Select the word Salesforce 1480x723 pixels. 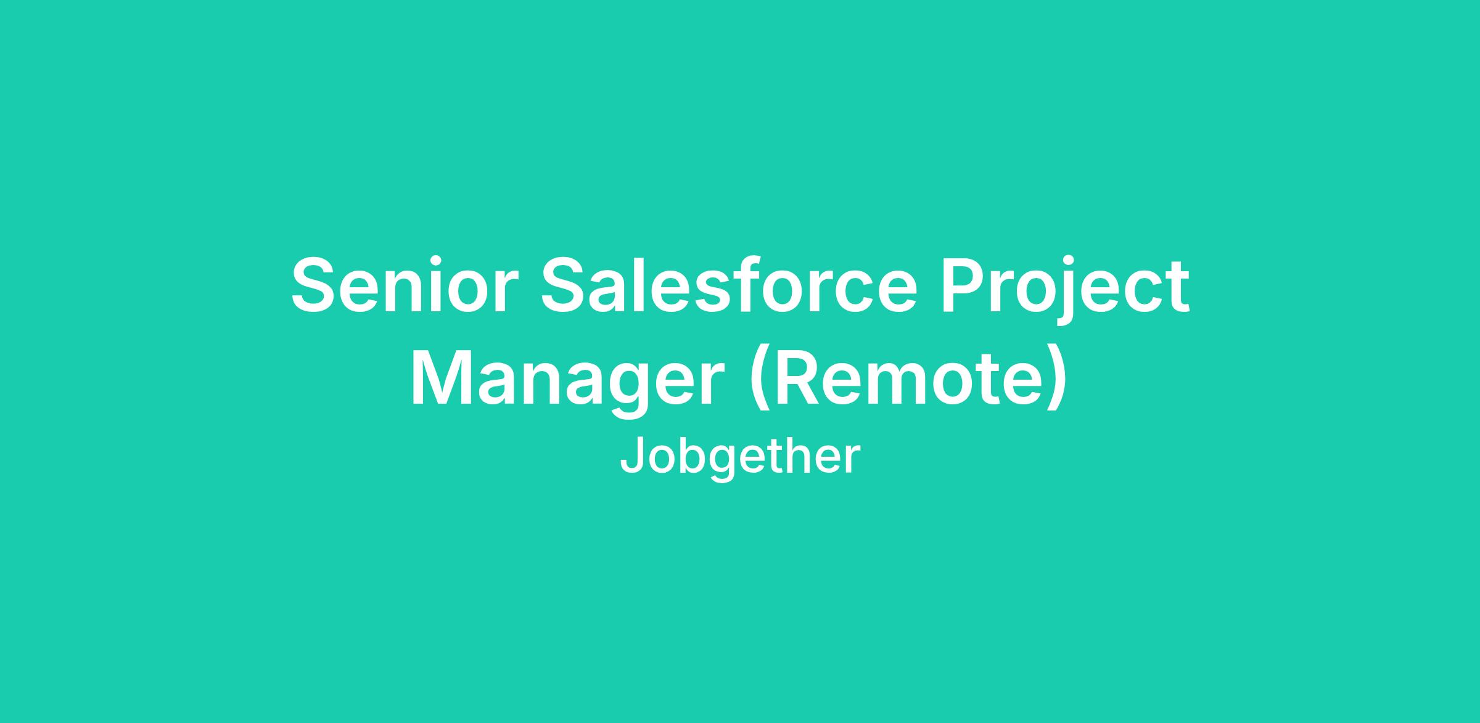(730, 285)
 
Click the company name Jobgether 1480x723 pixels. (739, 457)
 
